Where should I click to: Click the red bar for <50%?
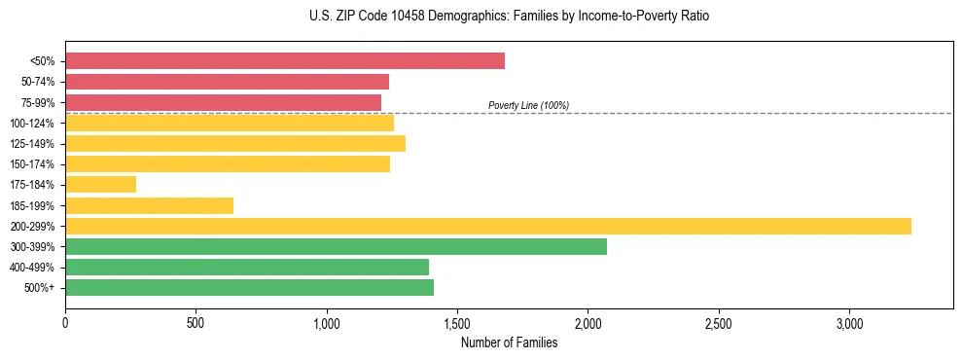point(284,61)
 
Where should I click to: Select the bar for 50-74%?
point(227,82)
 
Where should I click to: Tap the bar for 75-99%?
point(223,102)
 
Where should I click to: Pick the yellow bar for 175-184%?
point(100,184)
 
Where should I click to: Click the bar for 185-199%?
point(149,205)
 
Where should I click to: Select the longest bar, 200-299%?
point(487,226)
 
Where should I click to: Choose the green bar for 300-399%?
point(336,246)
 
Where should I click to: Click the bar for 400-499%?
point(247,267)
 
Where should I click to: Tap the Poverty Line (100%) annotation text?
point(528,105)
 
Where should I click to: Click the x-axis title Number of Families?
point(509,342)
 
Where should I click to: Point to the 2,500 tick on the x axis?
point(719,322)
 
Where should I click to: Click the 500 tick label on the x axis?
point(196,322)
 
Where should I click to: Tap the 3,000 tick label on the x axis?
point(849,322)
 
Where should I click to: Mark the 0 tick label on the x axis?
point(65,322)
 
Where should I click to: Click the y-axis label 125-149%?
point(33,144)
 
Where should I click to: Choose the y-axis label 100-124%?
point(33,124)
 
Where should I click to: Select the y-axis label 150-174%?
point(33,164)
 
